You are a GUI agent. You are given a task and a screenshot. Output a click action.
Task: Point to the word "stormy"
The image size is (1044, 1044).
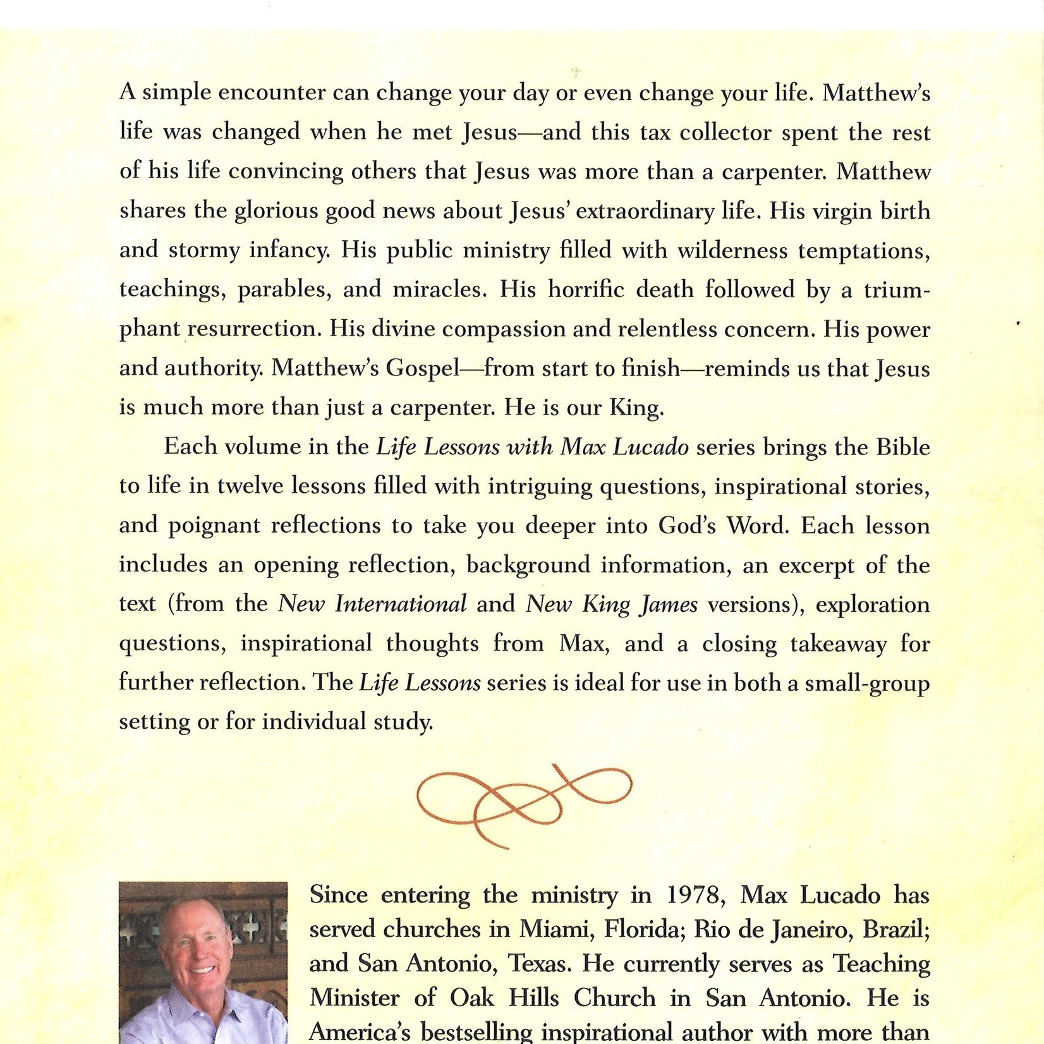(x=205, y=250)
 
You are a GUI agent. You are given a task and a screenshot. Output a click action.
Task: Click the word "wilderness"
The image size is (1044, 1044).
(x=733, y=250)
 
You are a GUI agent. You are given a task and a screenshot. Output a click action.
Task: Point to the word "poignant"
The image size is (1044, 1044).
(x=214, y=526)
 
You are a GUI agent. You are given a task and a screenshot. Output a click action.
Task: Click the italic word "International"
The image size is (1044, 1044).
(x=401, y=604)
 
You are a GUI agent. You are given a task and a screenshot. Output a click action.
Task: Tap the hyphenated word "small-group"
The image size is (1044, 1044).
(x=866, y=683)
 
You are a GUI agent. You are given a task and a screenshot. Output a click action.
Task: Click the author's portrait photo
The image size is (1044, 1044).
(x=203, y=962)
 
